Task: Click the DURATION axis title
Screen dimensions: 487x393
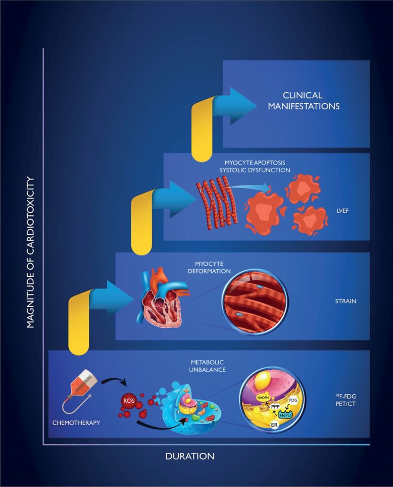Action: [190, 456]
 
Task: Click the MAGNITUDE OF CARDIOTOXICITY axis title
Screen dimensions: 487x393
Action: [31, 252]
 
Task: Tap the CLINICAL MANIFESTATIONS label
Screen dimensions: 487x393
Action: [304, 101]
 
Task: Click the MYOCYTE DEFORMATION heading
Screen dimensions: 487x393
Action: [212, 267]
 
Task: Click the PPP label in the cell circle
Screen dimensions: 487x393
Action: [274, 407]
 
